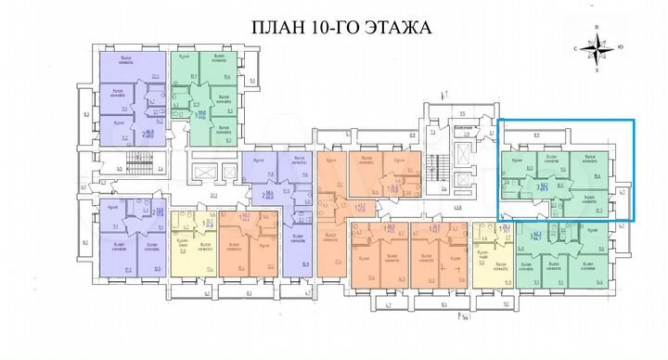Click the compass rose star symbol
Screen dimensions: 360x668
point(601,45)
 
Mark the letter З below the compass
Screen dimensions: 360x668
point(602,68)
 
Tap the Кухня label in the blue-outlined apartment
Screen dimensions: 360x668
point(518,161)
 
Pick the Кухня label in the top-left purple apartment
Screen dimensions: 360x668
point(120,122)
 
